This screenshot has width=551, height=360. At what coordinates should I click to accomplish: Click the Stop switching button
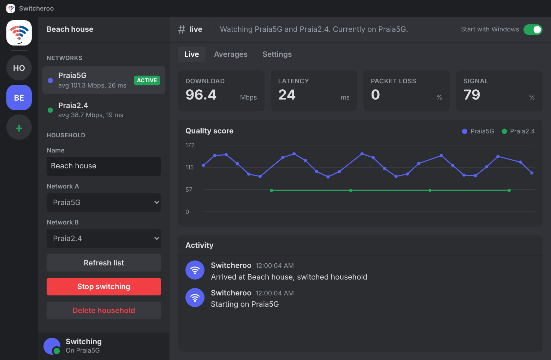pyautogui.click(x=103, y=287)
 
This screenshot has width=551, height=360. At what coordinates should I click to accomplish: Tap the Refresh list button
pyautogui.click(x=103, y=263)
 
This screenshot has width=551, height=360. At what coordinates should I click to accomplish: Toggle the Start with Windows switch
pyautogui.click(x=533, y=30)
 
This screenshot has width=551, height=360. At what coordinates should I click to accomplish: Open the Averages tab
pyautogui.click(x=231, y=54)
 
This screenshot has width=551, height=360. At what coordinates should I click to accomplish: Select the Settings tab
pyautogui.click(x=277, y=54)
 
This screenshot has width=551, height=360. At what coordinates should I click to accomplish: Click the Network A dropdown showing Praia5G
pyautogui.click(x=103, y=202)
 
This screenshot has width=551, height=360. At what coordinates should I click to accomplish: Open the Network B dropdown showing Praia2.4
pyautogui.click(x=103, y=238)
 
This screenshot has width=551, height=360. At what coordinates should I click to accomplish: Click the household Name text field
pyautogui.click(x=103, y=166)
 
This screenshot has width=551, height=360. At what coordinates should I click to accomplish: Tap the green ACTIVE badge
pyautogui.click(x=147, y=80)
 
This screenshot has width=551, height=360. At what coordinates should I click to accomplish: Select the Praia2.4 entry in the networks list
pyautogui.click(x=103, y=110)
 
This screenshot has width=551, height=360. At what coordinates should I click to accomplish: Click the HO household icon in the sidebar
pyautogui.click(x=19, y=68)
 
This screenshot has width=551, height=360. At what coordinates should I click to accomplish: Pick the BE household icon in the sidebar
pyautogui.click(x=19, y=97)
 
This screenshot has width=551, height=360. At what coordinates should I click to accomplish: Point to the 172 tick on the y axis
pyautogui.click(x=190, y=145)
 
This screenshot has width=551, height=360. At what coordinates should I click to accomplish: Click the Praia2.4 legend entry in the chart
pyautogui.click(x=518, y=131)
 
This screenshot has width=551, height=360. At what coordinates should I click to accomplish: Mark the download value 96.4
pyautogui.click(x=201, y=95)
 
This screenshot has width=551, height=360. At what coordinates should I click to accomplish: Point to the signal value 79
pyautogui.click(x=472, y=95)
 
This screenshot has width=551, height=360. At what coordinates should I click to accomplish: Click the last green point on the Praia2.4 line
pyautogui.click(x=509, y=191)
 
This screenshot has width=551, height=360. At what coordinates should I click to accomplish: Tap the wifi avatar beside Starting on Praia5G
pyautogui.click(x=195, y=297)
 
